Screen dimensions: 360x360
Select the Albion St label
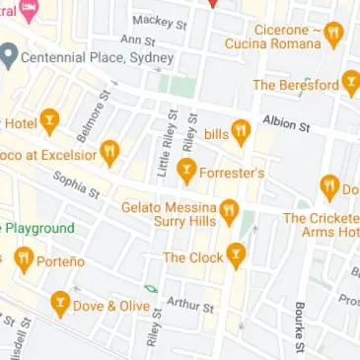click(x=286, y=123)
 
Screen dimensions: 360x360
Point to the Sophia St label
click(x=76, y=183)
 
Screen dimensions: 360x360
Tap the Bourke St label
click(x=298, y=326)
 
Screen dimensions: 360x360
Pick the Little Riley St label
click(x=164, y=156)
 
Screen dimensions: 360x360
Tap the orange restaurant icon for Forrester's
click(x=185, y=173)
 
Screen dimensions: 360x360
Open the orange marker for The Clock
click(x=235, y=256)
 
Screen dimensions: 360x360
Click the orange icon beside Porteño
click(x=25, y=259)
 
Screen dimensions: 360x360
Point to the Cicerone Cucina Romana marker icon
click(x=334, y=36)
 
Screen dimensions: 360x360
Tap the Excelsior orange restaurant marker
click(x=109, y=153)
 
